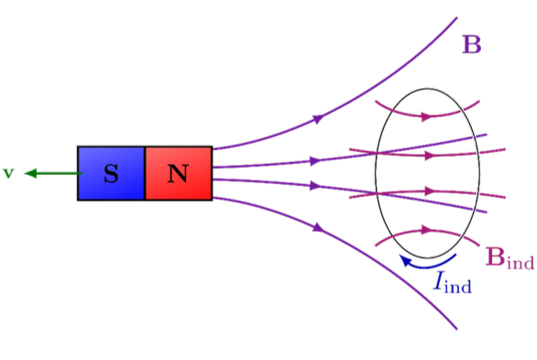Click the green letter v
tap(8, 172)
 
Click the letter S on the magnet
tap(111, 173)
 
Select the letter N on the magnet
tap(178, 173)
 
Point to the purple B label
tap(472, 44)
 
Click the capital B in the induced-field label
tap(494, 256)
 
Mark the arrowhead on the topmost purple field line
tap(319, 118)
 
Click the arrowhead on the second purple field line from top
tap(316, 160)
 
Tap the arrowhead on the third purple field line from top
tap(316, 186)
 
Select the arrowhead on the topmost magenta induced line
tap(426, 116)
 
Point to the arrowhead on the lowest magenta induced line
tap(426, 231)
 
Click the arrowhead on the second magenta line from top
tap(428, 155)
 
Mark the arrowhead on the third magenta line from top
tap(428, 191)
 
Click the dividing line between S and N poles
tap(145, 173)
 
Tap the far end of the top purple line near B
tap(455, 17)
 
